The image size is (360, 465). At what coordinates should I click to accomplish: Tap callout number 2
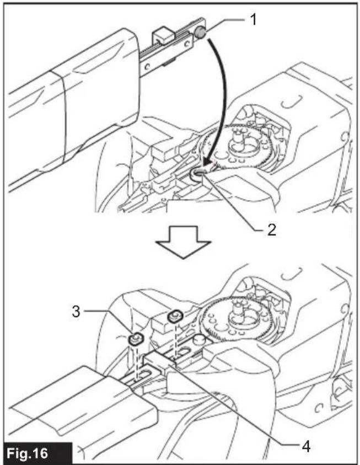point(271,229)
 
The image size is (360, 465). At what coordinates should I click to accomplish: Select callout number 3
point(76,312)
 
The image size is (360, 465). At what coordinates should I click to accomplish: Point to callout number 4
point(306,445)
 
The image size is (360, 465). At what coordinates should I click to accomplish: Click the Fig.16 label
point(27,453)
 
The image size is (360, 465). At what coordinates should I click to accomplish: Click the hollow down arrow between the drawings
point(184,242)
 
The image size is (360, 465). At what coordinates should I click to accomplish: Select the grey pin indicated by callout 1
point(200,32)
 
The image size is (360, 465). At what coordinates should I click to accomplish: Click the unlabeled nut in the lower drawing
point(175,316)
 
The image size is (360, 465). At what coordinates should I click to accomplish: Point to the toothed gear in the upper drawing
point(239,148)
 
